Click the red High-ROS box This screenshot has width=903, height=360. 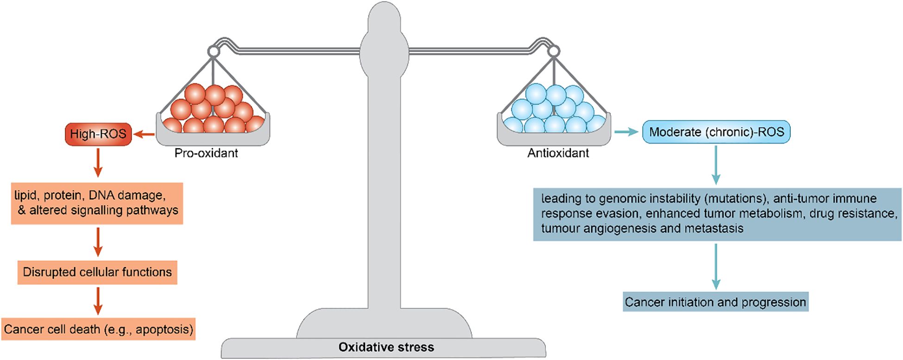pos(98,134)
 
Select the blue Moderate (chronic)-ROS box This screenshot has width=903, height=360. pos(716,132)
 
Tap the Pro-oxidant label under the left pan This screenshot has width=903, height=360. pos(206,153)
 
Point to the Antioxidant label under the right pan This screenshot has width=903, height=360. pos(558,153)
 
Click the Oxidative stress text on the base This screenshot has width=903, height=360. pos(386,347)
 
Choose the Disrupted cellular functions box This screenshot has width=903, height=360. pos(97,272)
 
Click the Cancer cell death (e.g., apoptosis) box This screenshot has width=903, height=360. pos(98,329)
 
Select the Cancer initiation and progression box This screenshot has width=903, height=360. pos(715,302)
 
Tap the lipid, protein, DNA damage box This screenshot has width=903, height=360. pos(97,203)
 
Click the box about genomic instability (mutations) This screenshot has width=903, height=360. pos(717,214)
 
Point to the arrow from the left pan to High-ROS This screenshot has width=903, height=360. pos(144,135)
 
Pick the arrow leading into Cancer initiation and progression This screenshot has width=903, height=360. pos(716,266)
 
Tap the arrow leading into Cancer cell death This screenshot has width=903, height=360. pos(98,301)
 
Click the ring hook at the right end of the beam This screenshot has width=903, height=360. pos(553,51)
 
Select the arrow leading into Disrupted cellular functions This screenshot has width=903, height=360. pos(98,241)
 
